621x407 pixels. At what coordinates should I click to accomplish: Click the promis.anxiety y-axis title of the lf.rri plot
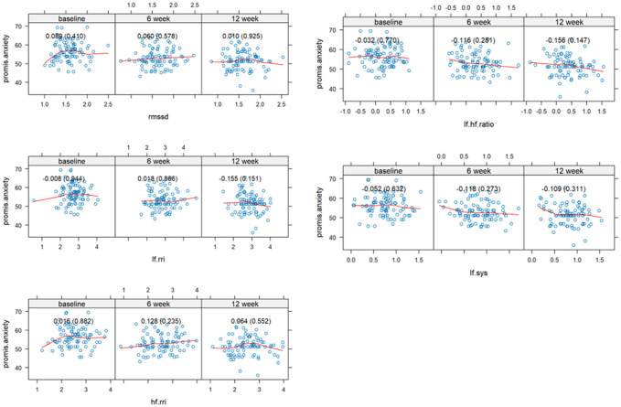click(x=9, y=205)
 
